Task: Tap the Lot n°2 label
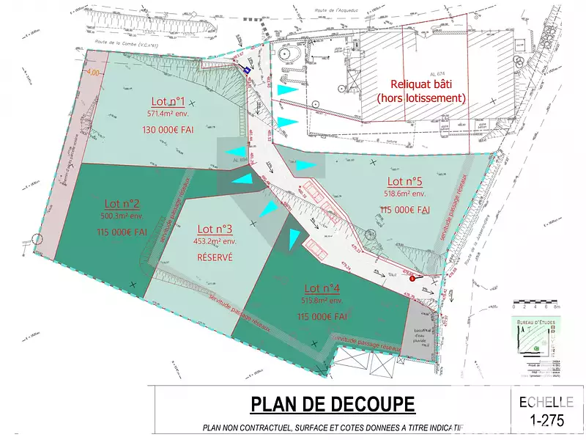tap(122, 203)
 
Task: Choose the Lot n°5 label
tap(405, 181)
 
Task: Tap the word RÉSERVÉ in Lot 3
tap(215, 257)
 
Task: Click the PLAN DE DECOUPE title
tap(333, 404)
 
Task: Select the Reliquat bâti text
tap(421, 84)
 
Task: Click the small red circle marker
tap(412, 278)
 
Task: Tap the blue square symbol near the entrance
tap(248, 69)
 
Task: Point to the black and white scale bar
tap(535, 301)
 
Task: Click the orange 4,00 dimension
tap(92, 73)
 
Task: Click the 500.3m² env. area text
tap(122, 216)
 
